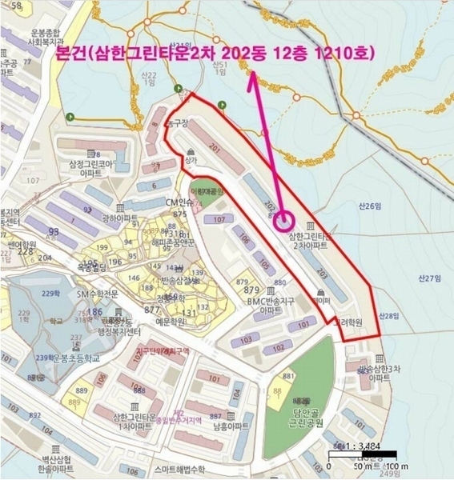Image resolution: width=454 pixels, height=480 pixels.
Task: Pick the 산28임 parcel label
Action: [x=387, y=316]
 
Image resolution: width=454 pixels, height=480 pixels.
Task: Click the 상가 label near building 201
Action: [x=190, y=160]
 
